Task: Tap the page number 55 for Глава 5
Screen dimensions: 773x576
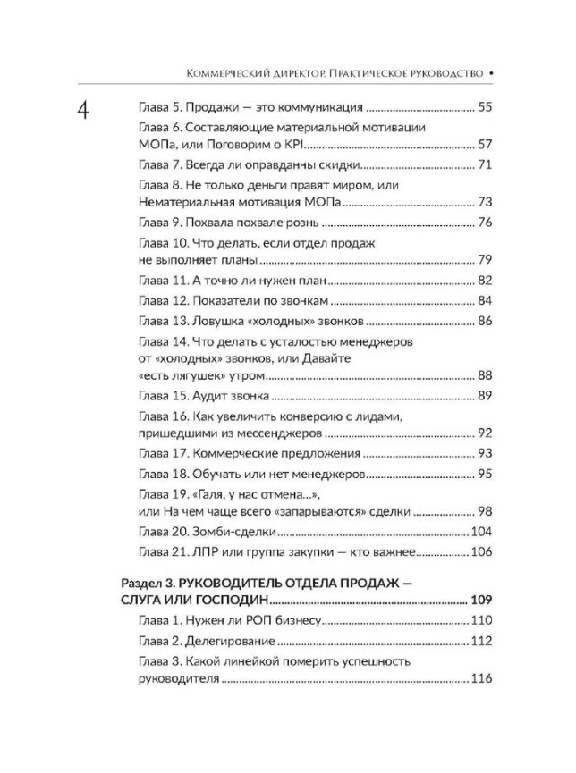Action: point(486,106)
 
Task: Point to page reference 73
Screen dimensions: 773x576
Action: point(486,203)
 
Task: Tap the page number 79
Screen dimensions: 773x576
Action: point(486,260)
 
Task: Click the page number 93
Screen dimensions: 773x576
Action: point(486,454)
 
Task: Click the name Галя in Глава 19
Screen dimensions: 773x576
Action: point(212,495)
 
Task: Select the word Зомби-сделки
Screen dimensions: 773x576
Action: point(233,532)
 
